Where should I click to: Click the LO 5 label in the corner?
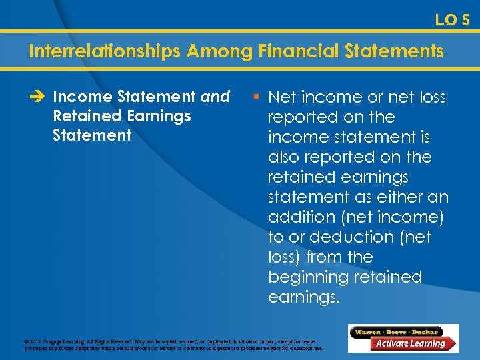pyautogui.click(x=452, y=20)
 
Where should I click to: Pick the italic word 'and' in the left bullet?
pyautogui.click(x=215, y=97)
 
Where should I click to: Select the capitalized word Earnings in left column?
pyautogui.click(x=160, y=116)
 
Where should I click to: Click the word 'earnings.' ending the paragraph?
pyautogui.click(x=303, y=297)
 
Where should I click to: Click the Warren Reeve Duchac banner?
pyautogui.click(x=398, y=331)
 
